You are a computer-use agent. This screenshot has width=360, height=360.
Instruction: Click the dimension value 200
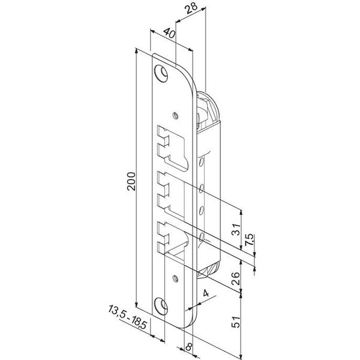tap(131, 181)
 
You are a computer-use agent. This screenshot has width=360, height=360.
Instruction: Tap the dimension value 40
tap(170, 33)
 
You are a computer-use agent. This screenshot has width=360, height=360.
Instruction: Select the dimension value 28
tap(191, 8)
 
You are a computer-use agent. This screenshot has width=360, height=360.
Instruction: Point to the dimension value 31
tap(236, 229)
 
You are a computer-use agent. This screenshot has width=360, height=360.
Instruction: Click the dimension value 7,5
tap(250, 240)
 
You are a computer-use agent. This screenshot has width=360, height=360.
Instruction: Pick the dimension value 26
tap(236, 278)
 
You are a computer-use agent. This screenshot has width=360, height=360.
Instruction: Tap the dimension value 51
tap(236, 322)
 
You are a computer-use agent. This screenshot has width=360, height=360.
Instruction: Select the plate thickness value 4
tap(206, 293)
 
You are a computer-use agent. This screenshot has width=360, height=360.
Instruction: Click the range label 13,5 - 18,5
tap(127, 317)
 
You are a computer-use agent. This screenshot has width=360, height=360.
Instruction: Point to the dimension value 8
tap(189, 346)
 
